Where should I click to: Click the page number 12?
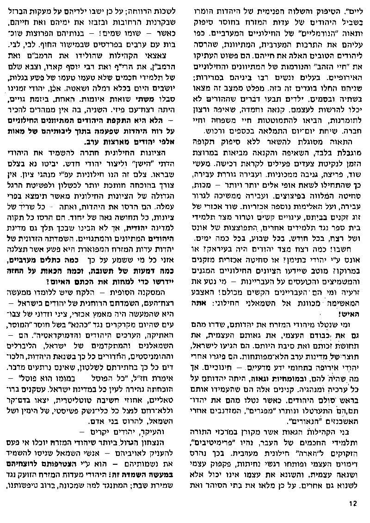click(x=352, y=504)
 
